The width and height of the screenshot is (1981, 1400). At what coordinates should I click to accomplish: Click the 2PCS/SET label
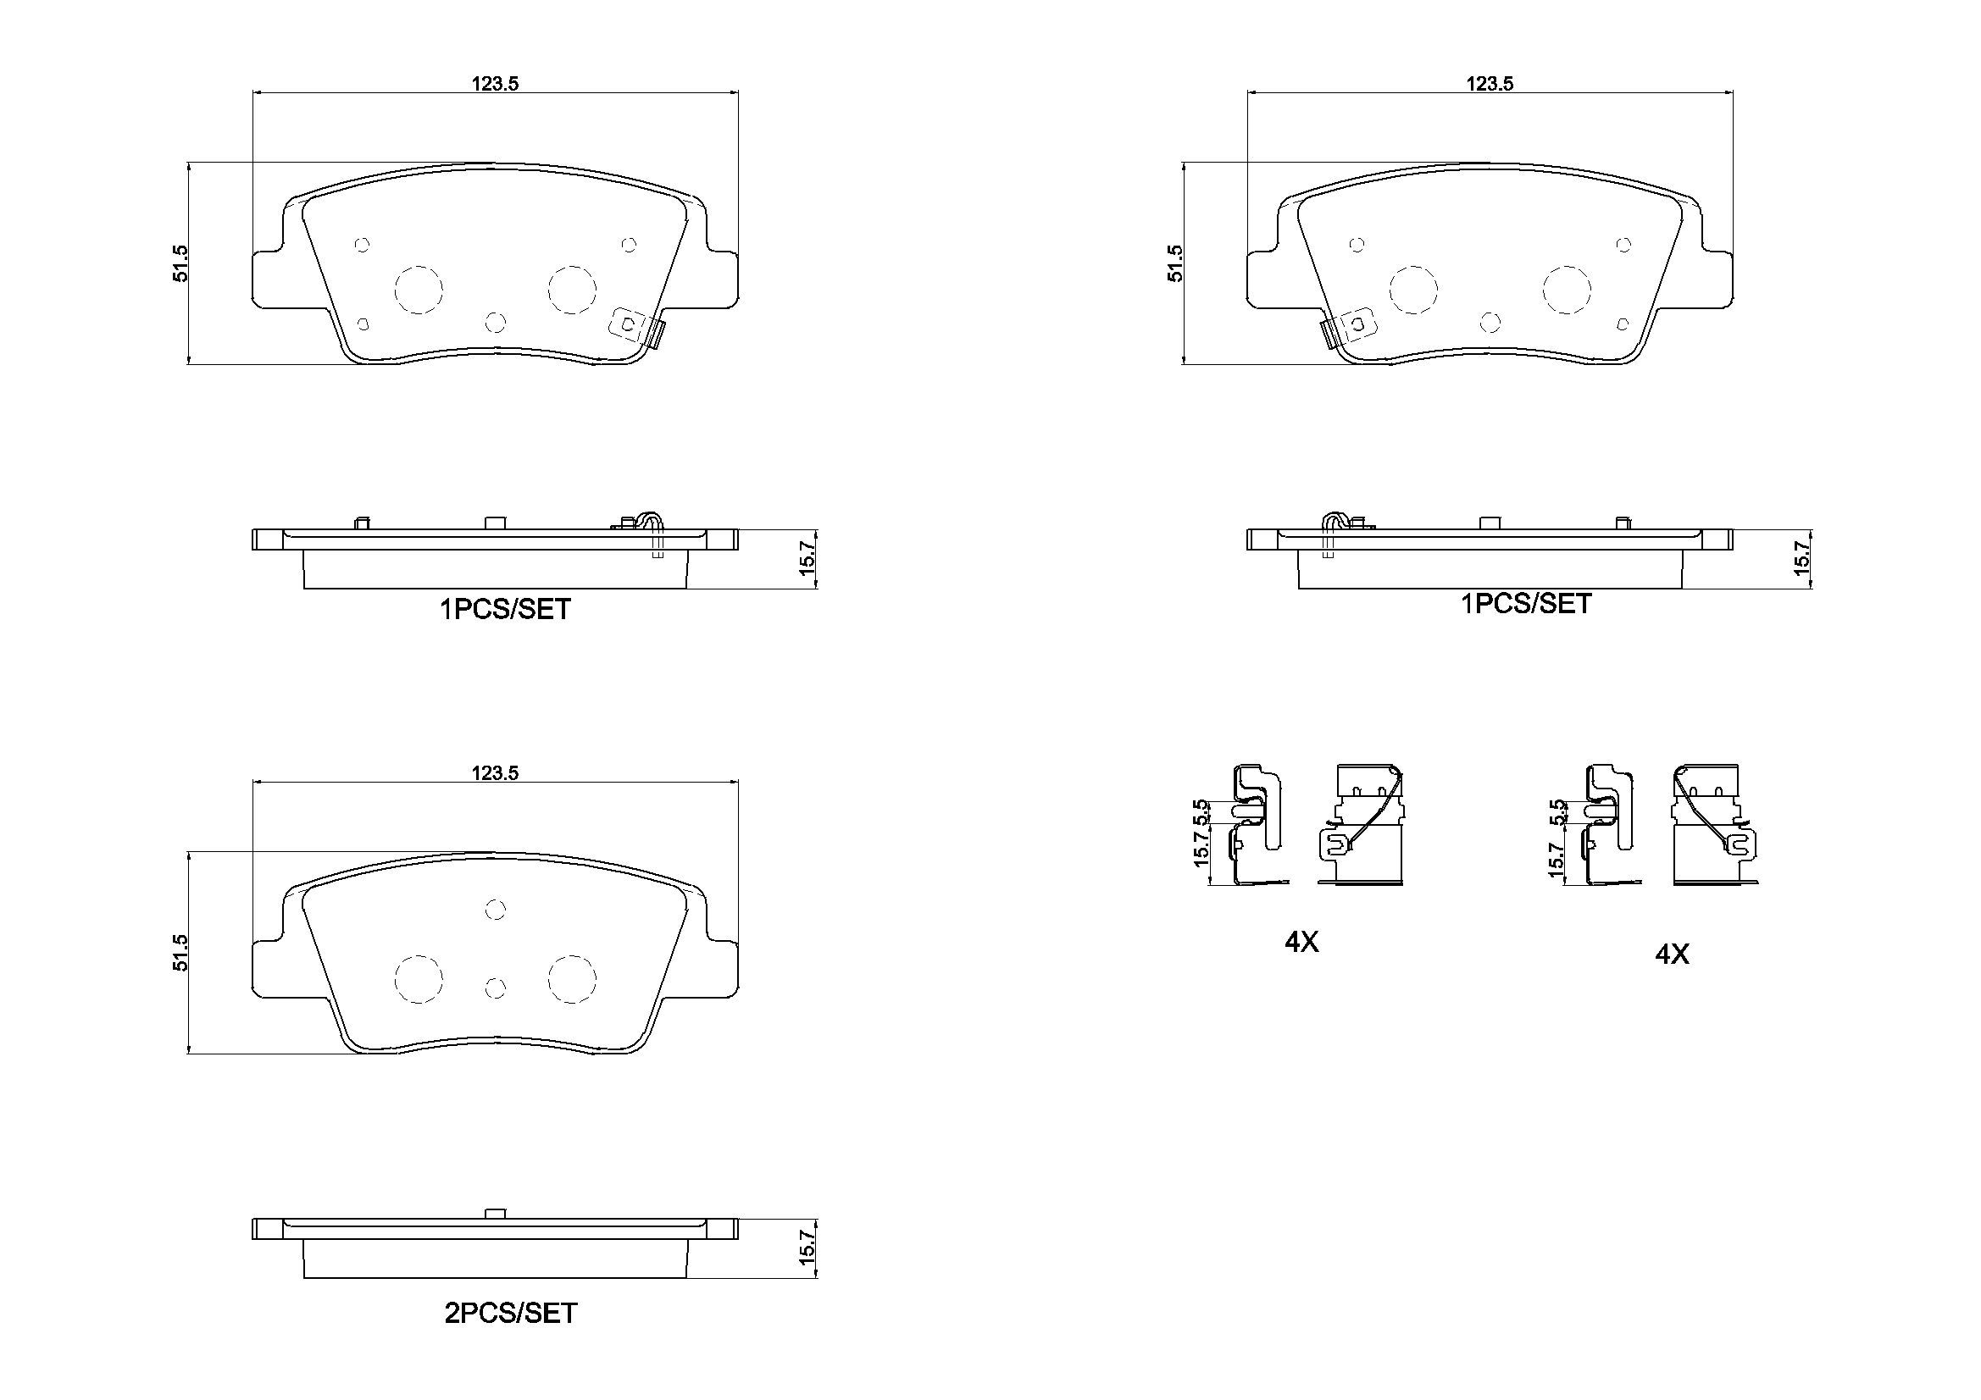pos(510,1313)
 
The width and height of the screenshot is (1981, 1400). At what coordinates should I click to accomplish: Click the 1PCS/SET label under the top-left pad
pos(505,610)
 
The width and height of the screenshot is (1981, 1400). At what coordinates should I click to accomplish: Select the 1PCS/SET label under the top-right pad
pos(1525,604)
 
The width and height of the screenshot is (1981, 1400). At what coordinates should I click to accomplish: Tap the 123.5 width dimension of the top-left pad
pos(494,83)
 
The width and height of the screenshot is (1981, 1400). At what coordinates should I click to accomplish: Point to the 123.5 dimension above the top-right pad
pos(1490,83)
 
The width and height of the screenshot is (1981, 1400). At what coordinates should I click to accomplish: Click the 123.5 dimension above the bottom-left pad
pos(494,773)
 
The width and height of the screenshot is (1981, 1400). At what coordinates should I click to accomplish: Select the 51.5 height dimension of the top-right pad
pos(1174,263)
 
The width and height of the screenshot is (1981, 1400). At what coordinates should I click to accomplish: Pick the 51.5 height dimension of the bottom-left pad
pos(180,952)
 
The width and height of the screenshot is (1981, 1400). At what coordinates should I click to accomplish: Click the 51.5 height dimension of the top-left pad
pos(180,263)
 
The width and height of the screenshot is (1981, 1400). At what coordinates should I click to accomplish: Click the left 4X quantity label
pos(1301,943)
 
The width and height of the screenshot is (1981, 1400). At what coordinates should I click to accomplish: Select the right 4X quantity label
pos(1671,954)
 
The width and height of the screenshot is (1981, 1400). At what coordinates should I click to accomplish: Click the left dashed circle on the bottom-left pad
pos(419,979)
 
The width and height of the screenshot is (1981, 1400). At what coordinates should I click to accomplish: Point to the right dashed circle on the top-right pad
pos(1567,289)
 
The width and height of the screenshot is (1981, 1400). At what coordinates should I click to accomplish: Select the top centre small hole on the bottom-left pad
pos(495,908)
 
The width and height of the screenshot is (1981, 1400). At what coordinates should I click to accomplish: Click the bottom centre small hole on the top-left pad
pos(495,322)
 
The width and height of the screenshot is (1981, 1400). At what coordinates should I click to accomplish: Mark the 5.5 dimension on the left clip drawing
pos(1199,811)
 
